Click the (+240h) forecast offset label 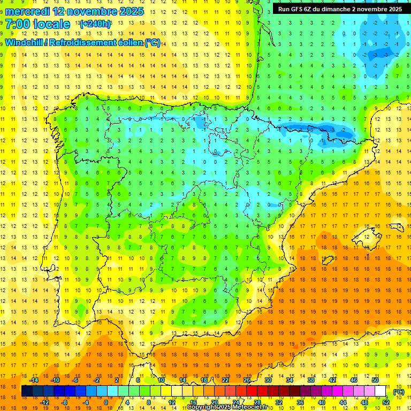[95, 24]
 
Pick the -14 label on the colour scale [34, 380]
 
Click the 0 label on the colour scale [106, 402]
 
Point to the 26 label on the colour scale [246, 380]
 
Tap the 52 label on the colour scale [386, 402]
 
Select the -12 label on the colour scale [45, 402]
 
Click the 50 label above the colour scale [375, 380]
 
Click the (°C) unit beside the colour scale [399, 392]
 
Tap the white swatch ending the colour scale [380, 391]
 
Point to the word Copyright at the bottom [202, 407]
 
